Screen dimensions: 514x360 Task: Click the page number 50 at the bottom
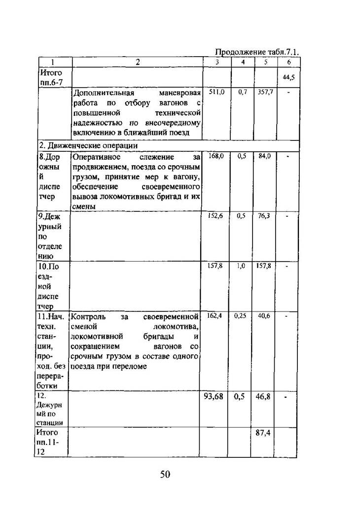(x=165, y=475)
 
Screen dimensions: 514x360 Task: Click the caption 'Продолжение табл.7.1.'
(x=257, y=52)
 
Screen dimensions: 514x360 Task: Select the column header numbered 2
(x=138, y=62)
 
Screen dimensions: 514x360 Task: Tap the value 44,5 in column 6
(x=288, y=77)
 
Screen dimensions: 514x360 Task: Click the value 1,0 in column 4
(x=241, y=266)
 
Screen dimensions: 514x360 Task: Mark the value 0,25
(x=241, y=315)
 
